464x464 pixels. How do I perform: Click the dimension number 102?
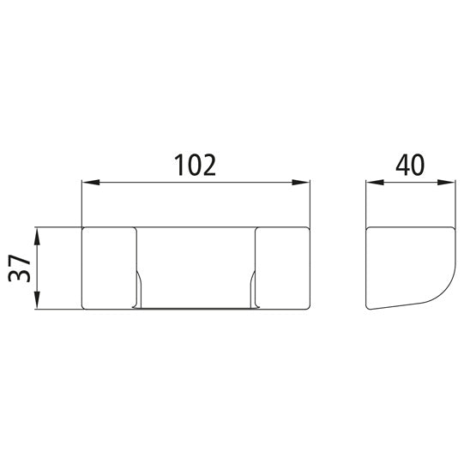[194, 164]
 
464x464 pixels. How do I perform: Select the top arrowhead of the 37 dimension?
[38, 234]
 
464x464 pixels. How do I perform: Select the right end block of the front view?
[281, 267]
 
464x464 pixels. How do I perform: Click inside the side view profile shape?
[407, 262]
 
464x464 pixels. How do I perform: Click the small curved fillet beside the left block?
[140, 283]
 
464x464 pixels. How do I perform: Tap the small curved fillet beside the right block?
[250, 283]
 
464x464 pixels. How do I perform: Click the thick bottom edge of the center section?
[195, 307]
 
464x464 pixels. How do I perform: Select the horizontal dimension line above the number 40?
[409, 183]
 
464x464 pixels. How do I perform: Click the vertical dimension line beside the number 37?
[38, 268]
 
